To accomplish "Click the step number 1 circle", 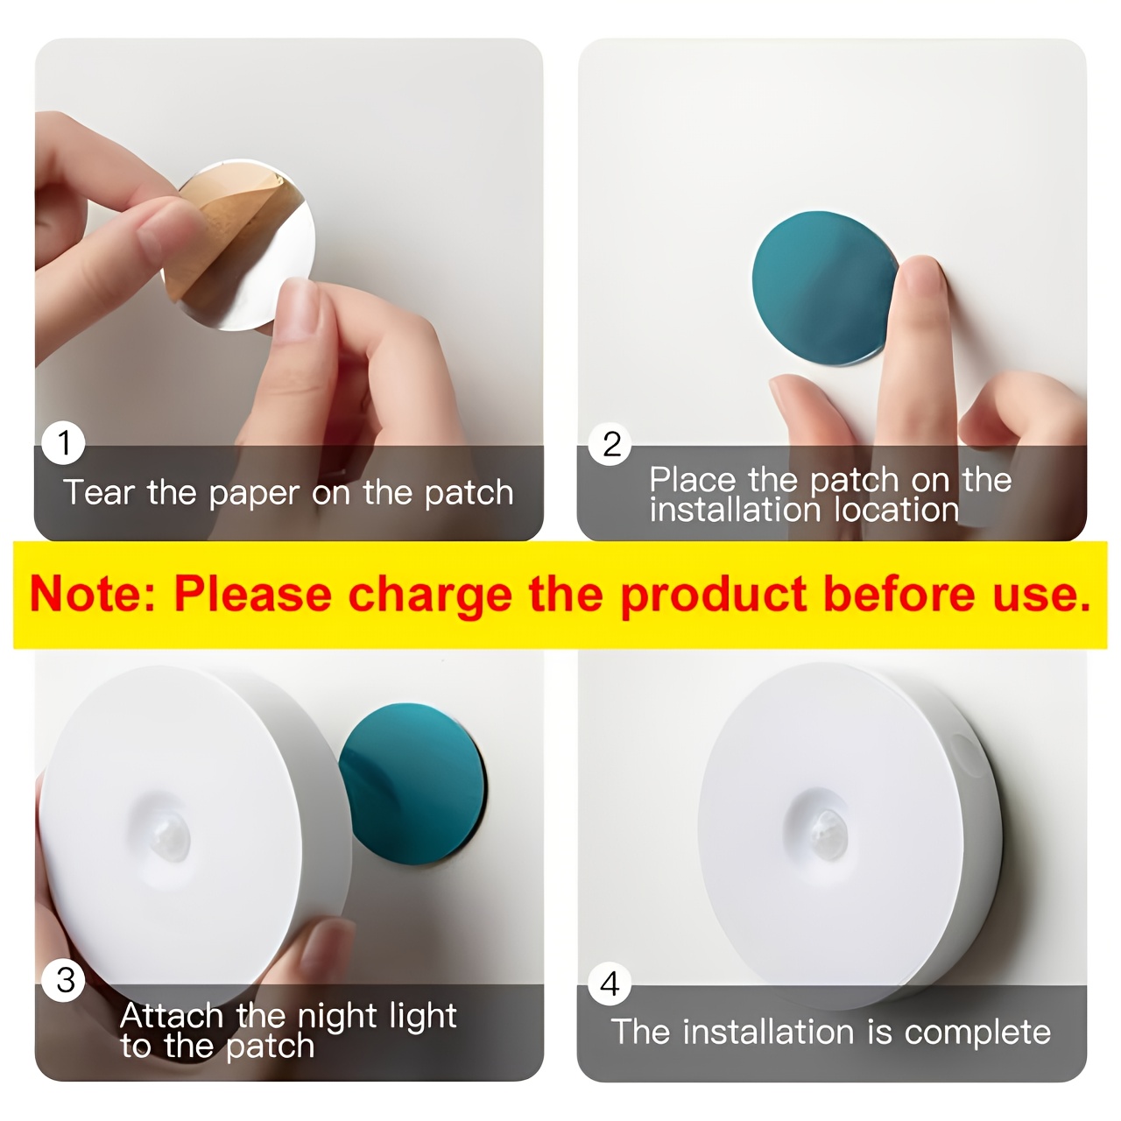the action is [x=63, y=442].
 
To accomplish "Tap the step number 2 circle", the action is [x=610, y=444].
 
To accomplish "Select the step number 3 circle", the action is [x=64, y=980].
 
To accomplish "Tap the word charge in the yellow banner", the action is [x=431, y=596].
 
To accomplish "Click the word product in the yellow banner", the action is [x=715, y=596].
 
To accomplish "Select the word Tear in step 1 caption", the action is [x=98, y=492].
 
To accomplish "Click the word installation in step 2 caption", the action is [x=735, y=511].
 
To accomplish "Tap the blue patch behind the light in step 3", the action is [x=413, y=784].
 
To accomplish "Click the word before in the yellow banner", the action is [x=899, y=594].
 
